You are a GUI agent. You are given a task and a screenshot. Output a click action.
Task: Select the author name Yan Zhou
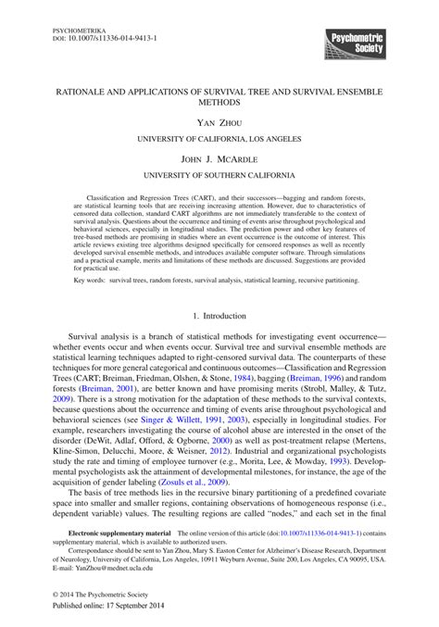coord(219,121)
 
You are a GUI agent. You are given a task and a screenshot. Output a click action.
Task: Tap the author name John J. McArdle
coord(219,158)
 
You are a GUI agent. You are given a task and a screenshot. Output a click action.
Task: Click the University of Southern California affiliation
coord(219,175)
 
